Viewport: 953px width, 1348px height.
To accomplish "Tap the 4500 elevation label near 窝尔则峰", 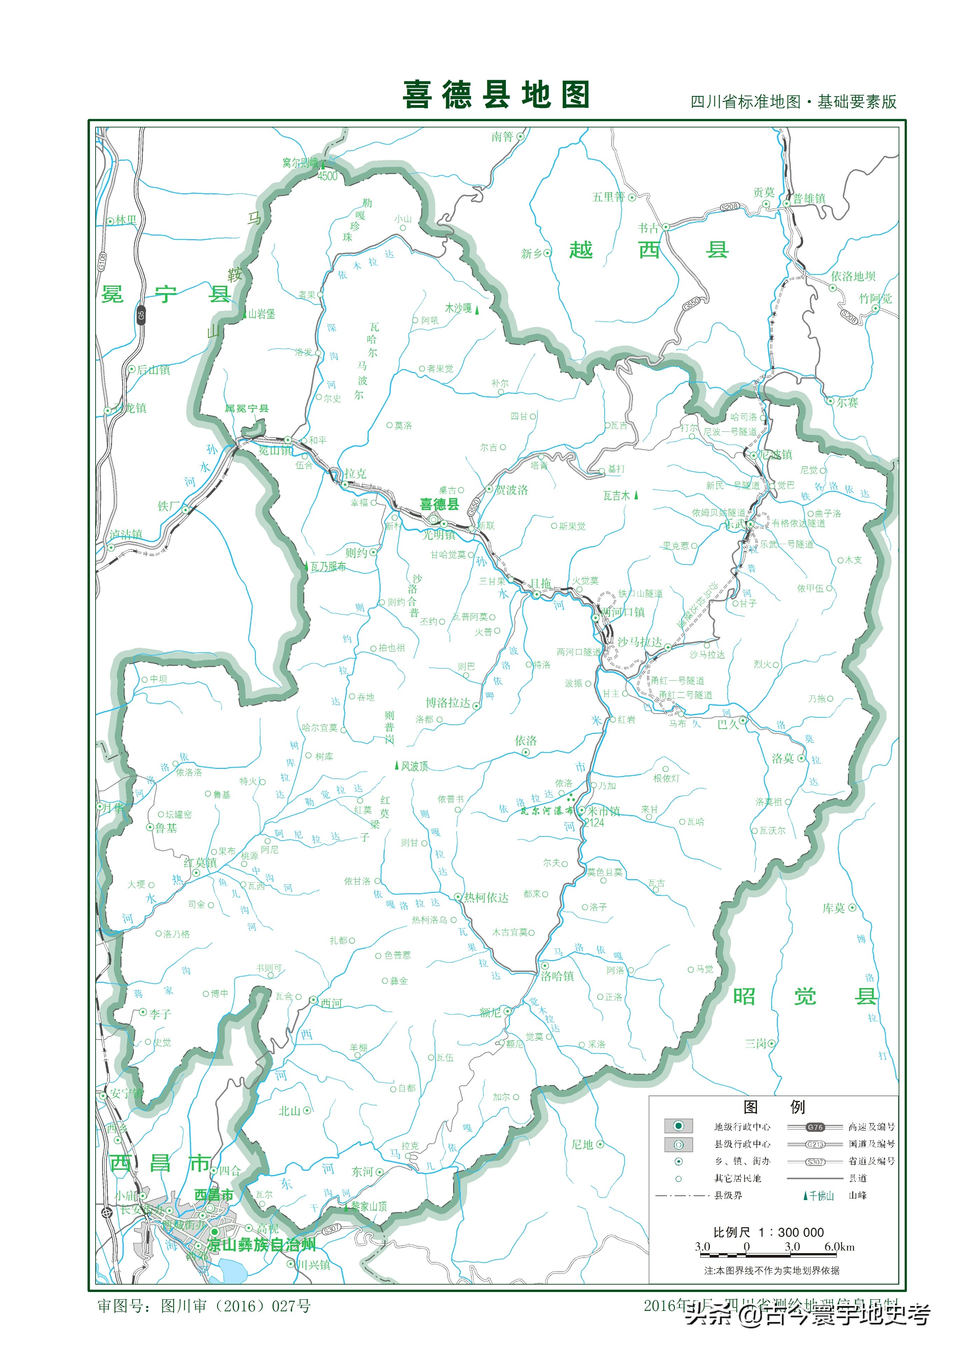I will [327, 176].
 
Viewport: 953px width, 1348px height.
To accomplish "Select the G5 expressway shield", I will [141, 315].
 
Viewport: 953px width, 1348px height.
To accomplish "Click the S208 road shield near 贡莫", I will [729, 207].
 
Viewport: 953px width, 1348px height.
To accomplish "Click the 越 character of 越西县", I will [581, 250].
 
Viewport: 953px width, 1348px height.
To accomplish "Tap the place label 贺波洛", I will [512, 489].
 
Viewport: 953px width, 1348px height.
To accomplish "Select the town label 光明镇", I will [439, 534].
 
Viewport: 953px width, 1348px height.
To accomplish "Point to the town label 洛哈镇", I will [557, 976].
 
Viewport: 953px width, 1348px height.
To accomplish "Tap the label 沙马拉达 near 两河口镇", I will [639, 642].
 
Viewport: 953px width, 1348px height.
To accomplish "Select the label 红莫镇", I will [200, 862].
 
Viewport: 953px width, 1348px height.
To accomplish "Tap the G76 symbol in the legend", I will [815, 1127].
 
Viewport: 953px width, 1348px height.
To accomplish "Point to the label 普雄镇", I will [809, 199].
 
